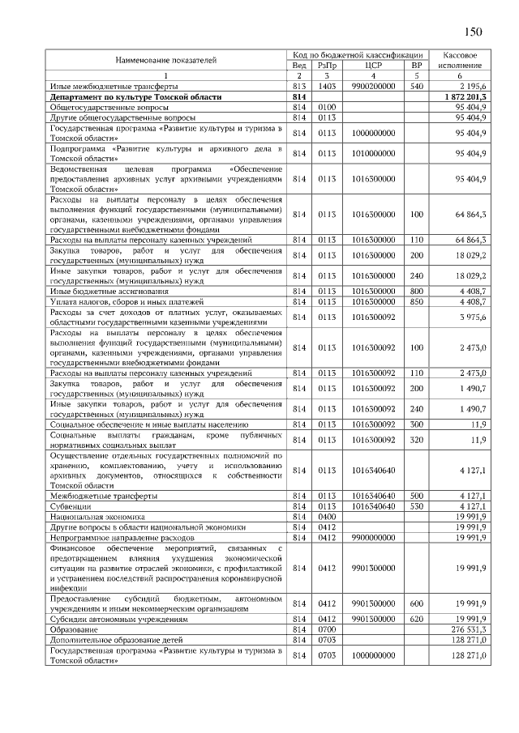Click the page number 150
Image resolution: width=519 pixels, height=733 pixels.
(473, 32)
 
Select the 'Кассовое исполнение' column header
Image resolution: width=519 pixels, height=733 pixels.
(460, 59)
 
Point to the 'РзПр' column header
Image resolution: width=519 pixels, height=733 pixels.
(327, 65)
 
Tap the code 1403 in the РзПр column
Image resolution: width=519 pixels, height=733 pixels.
(327, 85)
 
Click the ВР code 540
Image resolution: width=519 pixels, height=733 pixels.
(417, 85)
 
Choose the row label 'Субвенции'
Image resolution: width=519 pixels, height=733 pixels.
(70, 505)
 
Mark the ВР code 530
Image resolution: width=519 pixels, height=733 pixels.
(417, 505)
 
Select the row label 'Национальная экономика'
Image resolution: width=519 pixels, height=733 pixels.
(97, 516)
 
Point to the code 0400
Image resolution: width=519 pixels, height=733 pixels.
(327, 516)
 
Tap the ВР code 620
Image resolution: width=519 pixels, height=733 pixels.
(417, 618)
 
